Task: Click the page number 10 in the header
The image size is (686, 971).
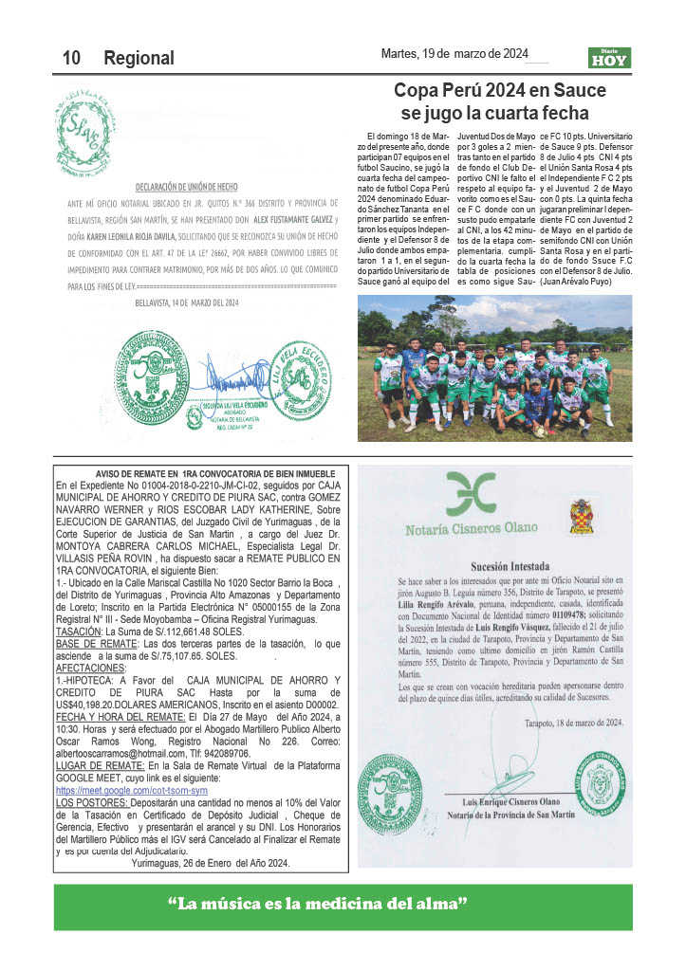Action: point(71,58)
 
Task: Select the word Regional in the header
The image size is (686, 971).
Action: point(139,58)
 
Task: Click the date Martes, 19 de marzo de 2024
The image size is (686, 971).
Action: point(454,54)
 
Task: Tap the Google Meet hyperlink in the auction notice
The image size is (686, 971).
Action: point(132,789)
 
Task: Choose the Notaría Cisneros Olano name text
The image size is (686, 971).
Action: point(471,529)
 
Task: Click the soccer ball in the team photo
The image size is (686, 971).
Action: point(539,431)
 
